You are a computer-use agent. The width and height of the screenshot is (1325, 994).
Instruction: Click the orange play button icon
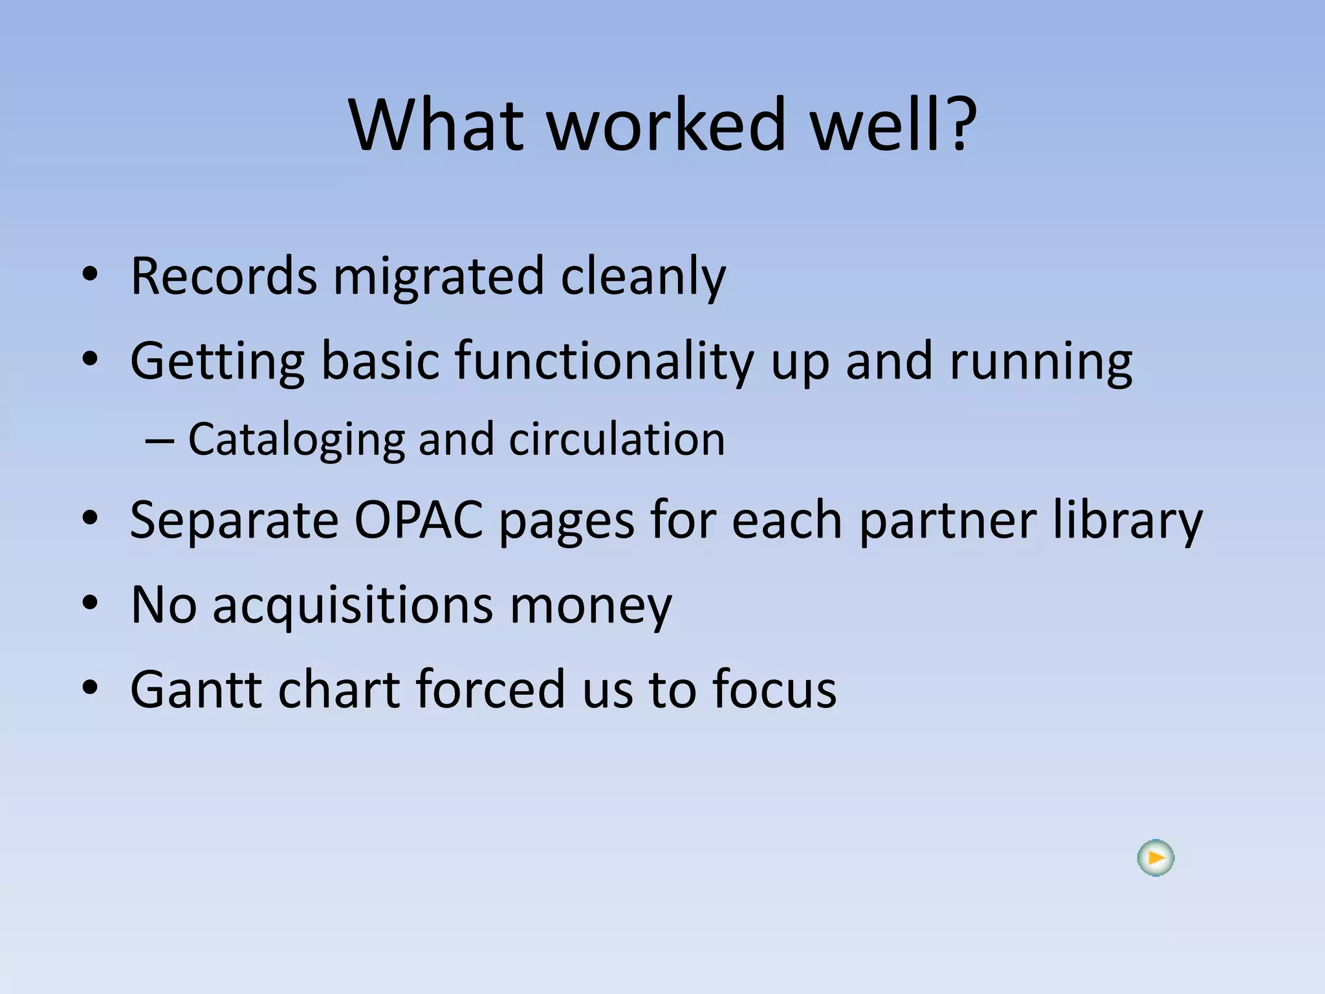pyautogui.click(x=1155, y=858)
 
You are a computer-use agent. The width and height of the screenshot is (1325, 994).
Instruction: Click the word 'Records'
pyautogui.click(x=223, y=276)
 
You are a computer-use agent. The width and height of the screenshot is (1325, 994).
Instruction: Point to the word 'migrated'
pyautogui.click(x=438, y=276)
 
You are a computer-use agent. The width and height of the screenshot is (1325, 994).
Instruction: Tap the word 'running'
pyautogui.click(x=1041, y=360)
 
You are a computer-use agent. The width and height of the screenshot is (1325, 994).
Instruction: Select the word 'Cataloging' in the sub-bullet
pyautogui.click(x=297, y=439)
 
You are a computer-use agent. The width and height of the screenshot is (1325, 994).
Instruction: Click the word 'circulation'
pyautogui.click(x=617, y=439)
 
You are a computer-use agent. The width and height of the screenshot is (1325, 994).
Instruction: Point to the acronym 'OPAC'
pyautogui.click(x=419, y=520)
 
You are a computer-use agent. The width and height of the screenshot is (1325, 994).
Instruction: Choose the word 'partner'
pyautogui.click(x=948, y=520)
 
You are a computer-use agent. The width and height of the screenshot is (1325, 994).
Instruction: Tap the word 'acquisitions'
pyautogui.click(x=353, y=604)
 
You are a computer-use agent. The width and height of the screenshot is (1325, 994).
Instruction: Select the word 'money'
pyautogui.click(x=591, y=604)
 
